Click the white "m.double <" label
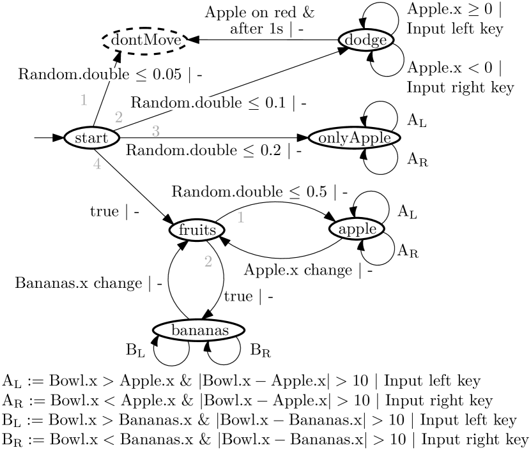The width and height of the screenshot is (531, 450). [x=104, y=75]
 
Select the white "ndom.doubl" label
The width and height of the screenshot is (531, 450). [x=195, y=103]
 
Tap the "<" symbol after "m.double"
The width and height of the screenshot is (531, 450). [x=139, y=75]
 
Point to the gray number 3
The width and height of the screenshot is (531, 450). [x=156, y=131]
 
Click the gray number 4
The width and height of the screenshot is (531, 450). [x=97, y=164]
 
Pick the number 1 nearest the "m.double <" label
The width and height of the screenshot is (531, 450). [x=84, y=100]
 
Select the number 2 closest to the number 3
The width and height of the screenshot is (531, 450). [x=119, y=117]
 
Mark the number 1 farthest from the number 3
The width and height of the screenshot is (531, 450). [x=241, y=218]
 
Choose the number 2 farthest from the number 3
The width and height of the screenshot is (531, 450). [x=208, y=262]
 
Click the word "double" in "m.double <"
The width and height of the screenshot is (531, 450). [x=106, y=75]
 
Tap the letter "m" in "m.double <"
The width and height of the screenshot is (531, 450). [x=70, y=75]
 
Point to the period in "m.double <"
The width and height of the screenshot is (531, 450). [x=79, y=77]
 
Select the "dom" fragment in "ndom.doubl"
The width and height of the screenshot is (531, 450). [x=176, y=103]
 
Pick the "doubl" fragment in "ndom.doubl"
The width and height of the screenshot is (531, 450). [x=214, y=103]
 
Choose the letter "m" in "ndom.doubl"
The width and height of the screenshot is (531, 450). [x=184, y=103]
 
